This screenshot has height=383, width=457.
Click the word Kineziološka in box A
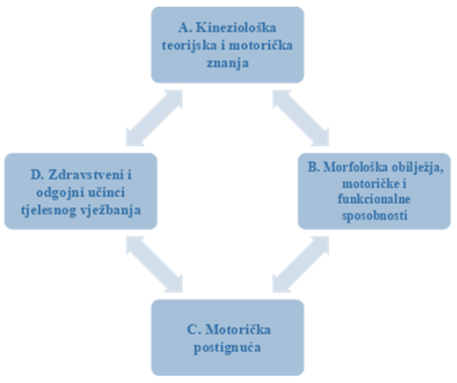236,28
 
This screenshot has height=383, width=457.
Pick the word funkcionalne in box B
374,199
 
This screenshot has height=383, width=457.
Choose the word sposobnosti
375,216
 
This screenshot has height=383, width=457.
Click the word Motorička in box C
238,330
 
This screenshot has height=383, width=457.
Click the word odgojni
60,194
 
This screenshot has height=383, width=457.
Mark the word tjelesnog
49,211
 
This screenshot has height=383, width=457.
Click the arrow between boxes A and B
301,118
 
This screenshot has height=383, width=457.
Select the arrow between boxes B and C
301,264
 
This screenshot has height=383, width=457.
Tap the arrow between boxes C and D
154,264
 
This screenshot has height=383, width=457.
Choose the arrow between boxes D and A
154,118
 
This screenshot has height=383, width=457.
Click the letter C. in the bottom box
194,330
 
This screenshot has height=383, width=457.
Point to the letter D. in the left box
38,175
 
